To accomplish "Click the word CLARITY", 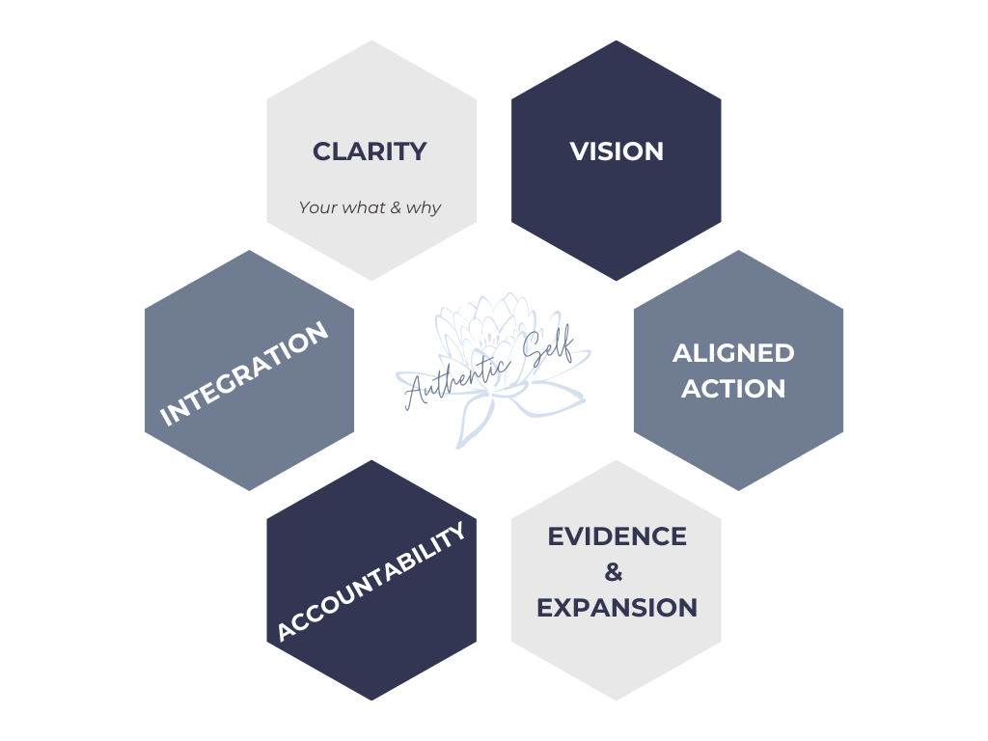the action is pyautogui.click(x=370, y=151).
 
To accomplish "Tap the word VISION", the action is pyautogui.click(x=617, y=151).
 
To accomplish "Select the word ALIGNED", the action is pyautogui.click(x=733, y=353).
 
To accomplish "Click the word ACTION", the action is pyautogui.click(x=733, y=389).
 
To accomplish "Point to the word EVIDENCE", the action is pyautogui.click(x=617, y=536).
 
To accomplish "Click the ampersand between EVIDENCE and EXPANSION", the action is pyautogui.click(x=614, y=573).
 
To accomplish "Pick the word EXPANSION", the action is pyautogui.click(x=617, y=608).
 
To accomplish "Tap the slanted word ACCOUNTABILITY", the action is pyautogui.click(x=370, y=581).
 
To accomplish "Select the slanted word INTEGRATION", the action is pyautogui.click(x=244, y=373).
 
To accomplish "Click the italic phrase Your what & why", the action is pyautogui.click(x=370, y=207).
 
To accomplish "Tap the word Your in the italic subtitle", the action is pyautogui.click(x=317, y=207).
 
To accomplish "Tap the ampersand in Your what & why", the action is pyautogui.click(x=396, y=207).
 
